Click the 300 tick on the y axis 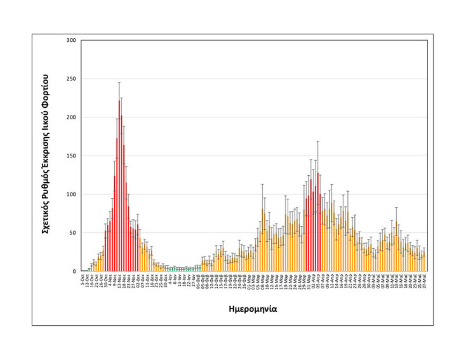pos(71,41)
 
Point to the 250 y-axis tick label pos(71,79)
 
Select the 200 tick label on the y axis pos(71,117)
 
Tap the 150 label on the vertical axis pos(71,156)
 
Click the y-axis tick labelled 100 pos(71,194)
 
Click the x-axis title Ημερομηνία pos(252,309)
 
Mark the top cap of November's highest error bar pos(119,83)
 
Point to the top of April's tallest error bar pos(317,142)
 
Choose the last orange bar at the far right pos(424,262)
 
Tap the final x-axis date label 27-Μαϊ pos(424,280)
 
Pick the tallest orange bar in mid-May pos(397,247)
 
